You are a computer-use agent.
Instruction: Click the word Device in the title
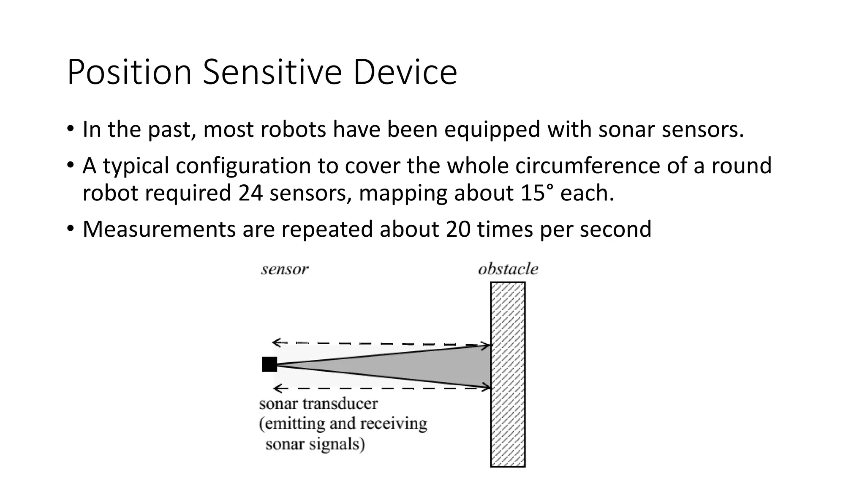405,73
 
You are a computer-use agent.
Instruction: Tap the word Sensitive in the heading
272,73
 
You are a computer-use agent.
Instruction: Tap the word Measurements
159,229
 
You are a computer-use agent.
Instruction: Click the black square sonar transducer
269,364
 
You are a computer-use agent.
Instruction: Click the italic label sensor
285,269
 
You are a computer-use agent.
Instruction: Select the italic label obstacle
508,269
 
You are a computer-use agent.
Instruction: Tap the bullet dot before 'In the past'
70,129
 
